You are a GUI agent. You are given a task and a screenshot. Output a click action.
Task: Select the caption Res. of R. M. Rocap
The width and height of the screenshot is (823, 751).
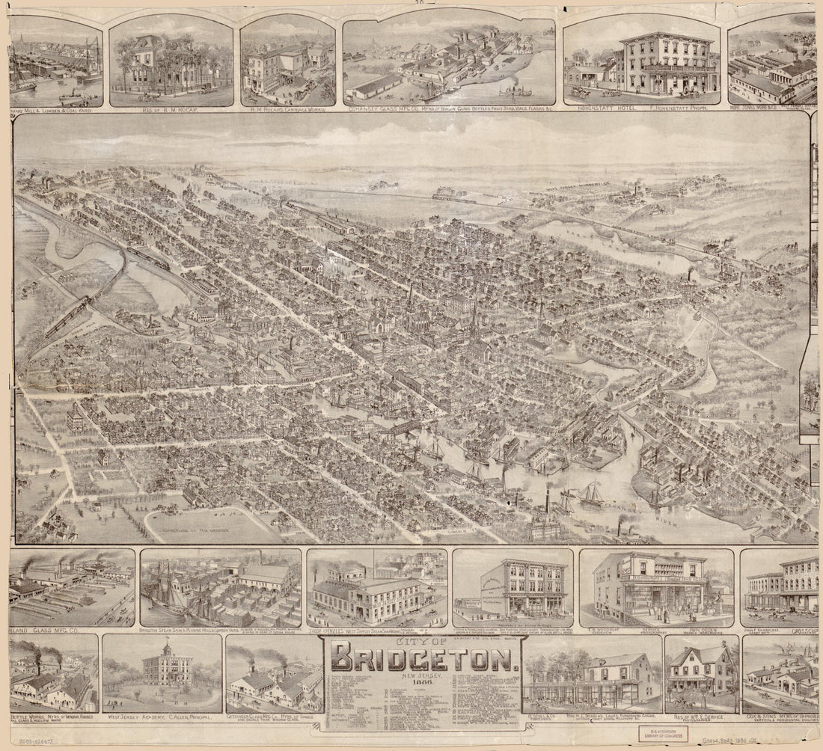[171, 110]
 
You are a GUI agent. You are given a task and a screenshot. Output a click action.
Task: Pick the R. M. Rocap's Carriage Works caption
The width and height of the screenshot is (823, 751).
[287, 110]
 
